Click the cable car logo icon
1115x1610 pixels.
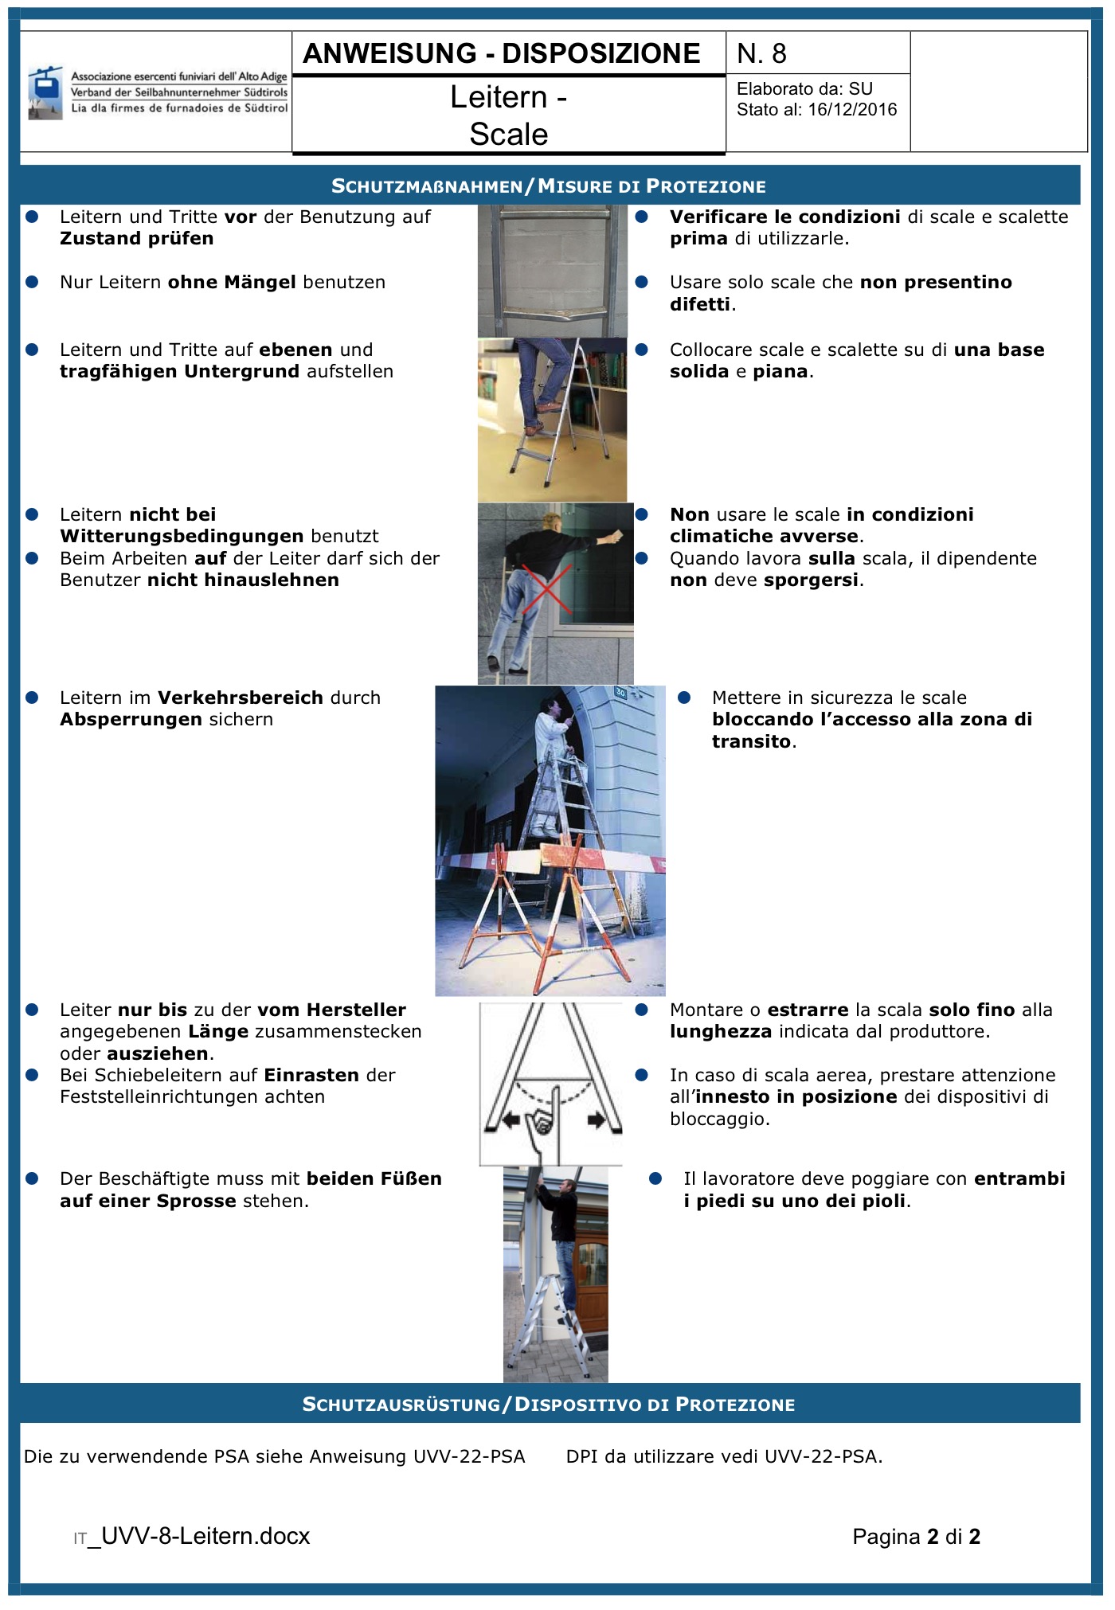coord(45,92)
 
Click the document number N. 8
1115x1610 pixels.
coord(761,53)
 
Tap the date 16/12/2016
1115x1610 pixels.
coord(852,110)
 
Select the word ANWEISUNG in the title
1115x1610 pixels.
coord(390,53)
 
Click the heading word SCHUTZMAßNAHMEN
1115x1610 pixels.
coord(427,186)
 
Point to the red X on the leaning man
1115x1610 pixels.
coord(546,589)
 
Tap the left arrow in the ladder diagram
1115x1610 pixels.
coord(510,1120)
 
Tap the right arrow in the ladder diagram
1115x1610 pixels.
coord(596,1120)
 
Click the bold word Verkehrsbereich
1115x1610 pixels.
coord(241,698)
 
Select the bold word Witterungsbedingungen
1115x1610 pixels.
coord(182,537)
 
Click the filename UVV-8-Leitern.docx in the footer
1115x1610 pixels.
coord(205,1536)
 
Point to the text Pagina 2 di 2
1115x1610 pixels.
coord(916,1537)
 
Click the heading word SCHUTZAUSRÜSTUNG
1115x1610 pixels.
coord(401,1405)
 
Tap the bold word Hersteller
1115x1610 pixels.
coord(356,1010)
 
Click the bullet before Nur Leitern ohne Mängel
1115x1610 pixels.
coord(32,282)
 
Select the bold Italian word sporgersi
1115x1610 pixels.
coord(812,580)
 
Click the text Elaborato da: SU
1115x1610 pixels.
coord(804,89)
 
